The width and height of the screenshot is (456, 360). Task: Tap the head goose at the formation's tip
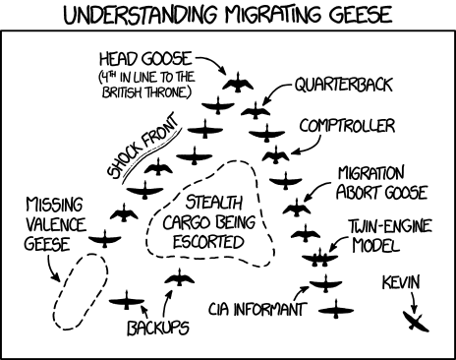(x=237, y=86)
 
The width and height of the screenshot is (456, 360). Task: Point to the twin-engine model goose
(x=318, y=258)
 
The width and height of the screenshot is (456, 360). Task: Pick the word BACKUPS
(x=157, y=328)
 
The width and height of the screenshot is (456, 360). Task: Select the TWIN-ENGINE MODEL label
(x=381, y=234)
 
